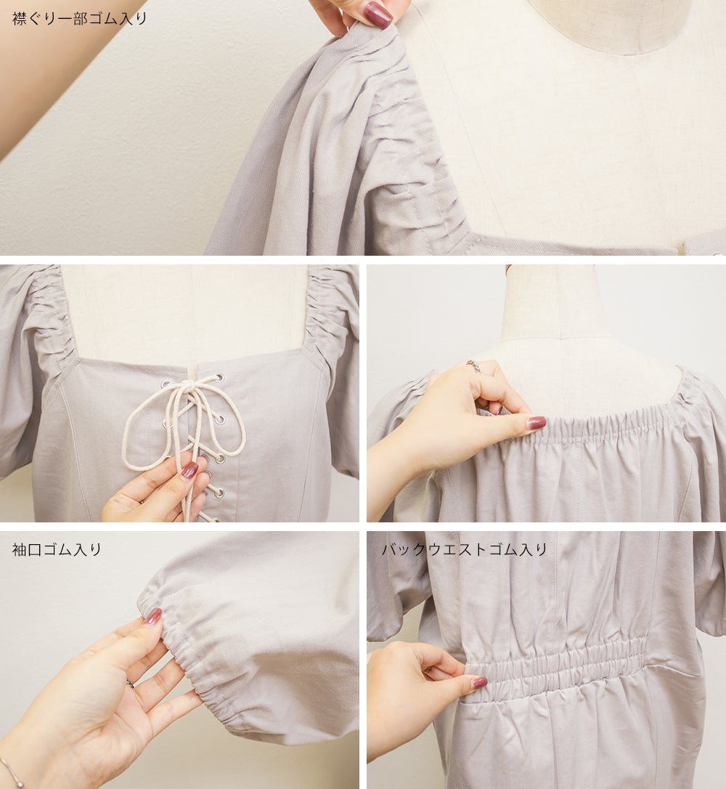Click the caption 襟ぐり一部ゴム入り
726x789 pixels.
(79, 19)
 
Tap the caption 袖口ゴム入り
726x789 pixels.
(57, 549)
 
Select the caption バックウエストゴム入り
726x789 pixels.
(464, 549)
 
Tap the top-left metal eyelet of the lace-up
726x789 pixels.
(165, 385)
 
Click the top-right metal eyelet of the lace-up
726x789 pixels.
(220, 376)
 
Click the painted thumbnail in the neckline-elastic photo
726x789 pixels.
(378, 14)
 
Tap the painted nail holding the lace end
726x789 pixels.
(189, 470)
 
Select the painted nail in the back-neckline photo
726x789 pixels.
(537, 422)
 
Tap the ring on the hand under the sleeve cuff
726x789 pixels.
(130, 684)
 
